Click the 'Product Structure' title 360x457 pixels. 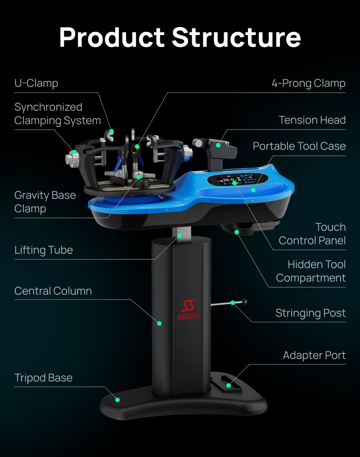[x=180, y=37]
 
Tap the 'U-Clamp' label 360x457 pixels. [x=36, y=83]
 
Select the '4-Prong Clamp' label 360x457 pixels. [x=308, y=83]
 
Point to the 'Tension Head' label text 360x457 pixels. [x=312, y=120]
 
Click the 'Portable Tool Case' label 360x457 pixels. [x=299, y=146]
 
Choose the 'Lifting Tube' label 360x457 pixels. [x=44, y=250]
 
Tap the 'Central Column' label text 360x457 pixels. [x=53, y=291]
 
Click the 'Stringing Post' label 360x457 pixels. [x=310, y=313]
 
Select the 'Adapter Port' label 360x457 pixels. [x=314, y=355]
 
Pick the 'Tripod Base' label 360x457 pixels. [x=44, y=378]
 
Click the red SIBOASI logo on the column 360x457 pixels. [x=188, y=309]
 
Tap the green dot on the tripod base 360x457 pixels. [x=117, y=400]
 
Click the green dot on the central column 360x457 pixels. [x=159, y=323]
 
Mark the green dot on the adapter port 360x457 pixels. [x=229, y=385]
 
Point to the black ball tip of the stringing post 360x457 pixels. [x=244, y=302]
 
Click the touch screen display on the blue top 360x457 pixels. [x=237, y=180]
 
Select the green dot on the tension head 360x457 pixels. [x=218, y=145]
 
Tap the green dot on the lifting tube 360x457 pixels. [x=180, y=236]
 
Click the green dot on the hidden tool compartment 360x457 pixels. [x=237, y=232]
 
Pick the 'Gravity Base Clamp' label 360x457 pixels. [x=45, y=202]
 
